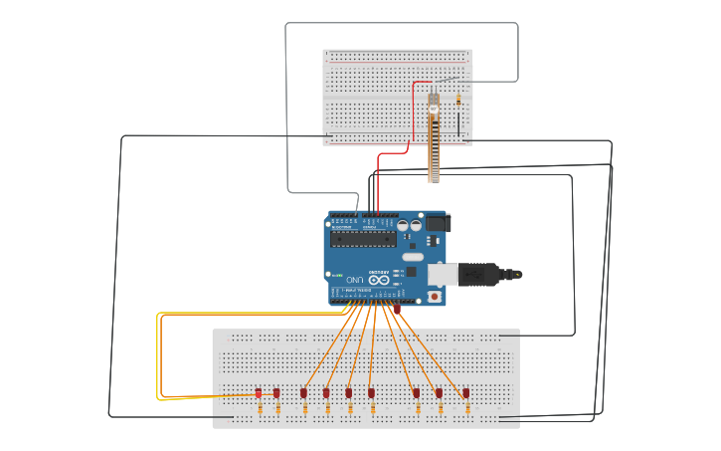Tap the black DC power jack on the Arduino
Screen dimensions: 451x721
[439, 224]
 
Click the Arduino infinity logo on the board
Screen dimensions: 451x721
[379, 281]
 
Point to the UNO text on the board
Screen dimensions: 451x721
[352, 281]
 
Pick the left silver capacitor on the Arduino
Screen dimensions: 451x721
[403, 227]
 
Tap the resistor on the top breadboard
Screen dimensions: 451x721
[457, 99]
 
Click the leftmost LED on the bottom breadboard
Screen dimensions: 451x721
[259, 393]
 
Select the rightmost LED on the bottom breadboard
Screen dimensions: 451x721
[465, 393]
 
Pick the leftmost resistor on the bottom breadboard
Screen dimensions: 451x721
[259, 409]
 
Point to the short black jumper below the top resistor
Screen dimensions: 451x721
[459, 123]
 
